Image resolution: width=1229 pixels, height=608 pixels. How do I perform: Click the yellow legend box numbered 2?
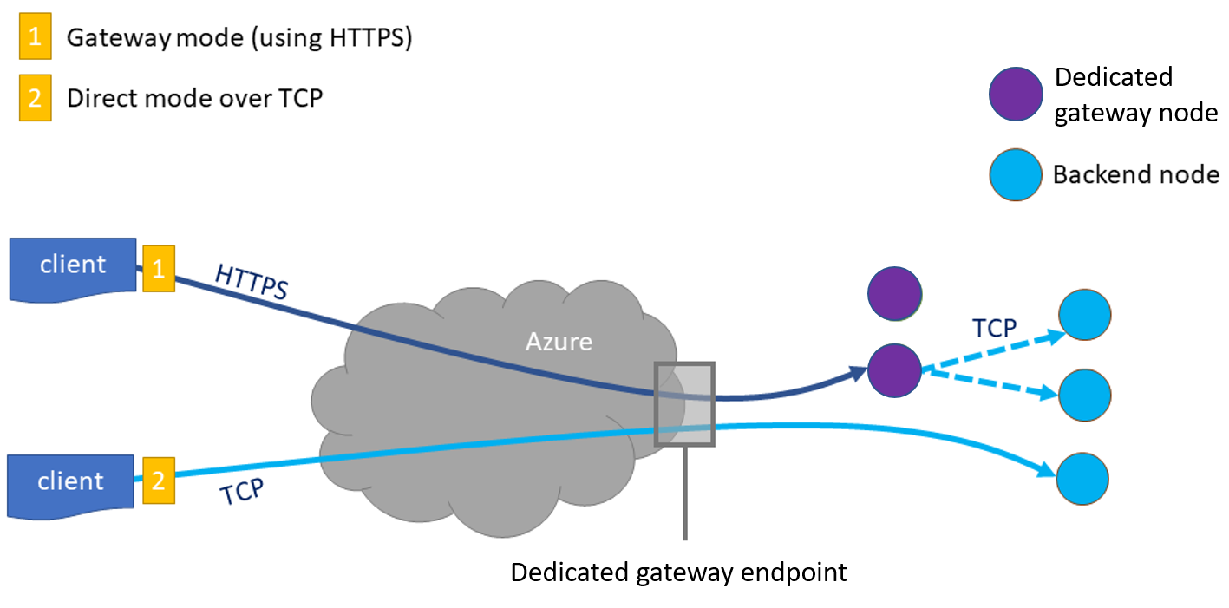(36, 98)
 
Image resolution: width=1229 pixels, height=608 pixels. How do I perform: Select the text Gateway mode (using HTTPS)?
(239, 39)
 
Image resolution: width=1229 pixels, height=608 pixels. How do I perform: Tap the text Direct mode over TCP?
(194, 98)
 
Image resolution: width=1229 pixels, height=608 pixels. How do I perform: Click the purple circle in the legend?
(1016, 93)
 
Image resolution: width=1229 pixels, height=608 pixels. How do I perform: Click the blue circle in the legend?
(1016, 175)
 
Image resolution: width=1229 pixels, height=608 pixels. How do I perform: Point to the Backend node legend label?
(1135, 175)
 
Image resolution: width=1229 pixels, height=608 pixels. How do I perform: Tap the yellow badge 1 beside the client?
(159, 268)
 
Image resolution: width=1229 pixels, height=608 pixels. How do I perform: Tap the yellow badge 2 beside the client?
(159, 481)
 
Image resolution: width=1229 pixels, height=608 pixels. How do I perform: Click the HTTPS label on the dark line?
(251, 283)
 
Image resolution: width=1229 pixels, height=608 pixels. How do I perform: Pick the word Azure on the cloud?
(559, 341)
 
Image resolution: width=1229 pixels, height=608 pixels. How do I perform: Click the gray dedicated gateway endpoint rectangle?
(685, 404)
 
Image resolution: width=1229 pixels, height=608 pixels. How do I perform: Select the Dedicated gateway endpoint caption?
(678, 572)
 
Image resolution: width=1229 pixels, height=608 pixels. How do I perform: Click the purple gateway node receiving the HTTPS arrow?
(894, 371)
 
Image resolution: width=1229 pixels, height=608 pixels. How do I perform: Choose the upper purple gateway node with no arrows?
(894, 293)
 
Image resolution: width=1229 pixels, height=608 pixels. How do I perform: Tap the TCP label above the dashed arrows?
(994, 328)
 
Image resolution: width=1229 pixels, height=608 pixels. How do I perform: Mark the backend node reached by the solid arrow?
(1083, 478)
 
